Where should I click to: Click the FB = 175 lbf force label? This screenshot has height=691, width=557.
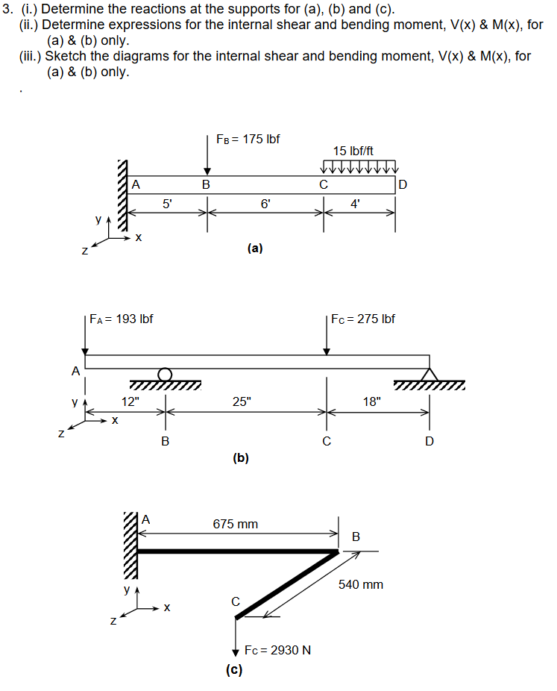pos(248,140)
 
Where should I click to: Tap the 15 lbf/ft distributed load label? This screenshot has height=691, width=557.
pos(353,151)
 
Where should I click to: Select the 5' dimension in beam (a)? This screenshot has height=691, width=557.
pos(168,202)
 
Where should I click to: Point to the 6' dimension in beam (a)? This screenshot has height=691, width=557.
pos(265,202)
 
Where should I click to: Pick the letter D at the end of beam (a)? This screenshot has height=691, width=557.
pos(403,184)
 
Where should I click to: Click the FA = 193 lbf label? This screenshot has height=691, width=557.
pos(122,319)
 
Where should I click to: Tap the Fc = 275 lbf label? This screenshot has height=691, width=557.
pos(363,319)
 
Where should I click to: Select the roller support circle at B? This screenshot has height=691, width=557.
pos(165,374)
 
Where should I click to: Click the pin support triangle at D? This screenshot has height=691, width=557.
pos(429,374)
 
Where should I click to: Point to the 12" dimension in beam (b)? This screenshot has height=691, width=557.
pos(130,402)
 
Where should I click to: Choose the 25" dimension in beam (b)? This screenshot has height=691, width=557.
pos(242,402)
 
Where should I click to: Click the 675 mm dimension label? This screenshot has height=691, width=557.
pos(236,524)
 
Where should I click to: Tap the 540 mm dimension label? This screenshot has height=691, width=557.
pos(361,584)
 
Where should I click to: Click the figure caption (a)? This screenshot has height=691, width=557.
pos(255,249)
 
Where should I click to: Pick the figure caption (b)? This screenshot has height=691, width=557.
pos(240,457)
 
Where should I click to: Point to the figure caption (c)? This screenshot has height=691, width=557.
pos(234,669)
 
